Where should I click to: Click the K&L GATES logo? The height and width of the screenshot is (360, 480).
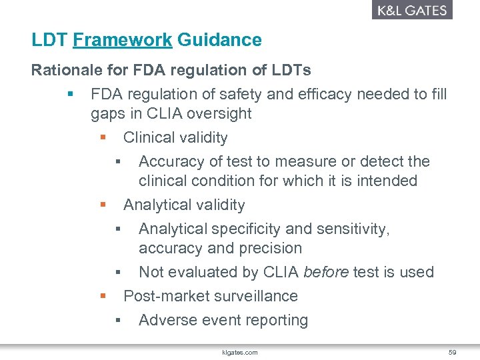click(411, 10)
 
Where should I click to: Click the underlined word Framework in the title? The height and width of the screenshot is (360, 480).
click(123, 40)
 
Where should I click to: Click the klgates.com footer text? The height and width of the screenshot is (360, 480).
click(240, 351)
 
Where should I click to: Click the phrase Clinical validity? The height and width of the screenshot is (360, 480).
click(175, 138)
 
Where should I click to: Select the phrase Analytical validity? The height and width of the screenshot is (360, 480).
click(184, 205)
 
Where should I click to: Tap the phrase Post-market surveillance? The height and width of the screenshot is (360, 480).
click(211, 296)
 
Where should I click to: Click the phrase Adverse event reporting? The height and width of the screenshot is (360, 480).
click(223, 320)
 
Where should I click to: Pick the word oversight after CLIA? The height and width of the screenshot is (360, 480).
click(219, 114)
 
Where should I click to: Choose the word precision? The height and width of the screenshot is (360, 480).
click(270, 249)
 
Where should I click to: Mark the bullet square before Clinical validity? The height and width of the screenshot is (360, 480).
click(103, 138)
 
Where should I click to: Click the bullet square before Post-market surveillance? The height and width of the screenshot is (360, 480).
click(103, 296)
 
